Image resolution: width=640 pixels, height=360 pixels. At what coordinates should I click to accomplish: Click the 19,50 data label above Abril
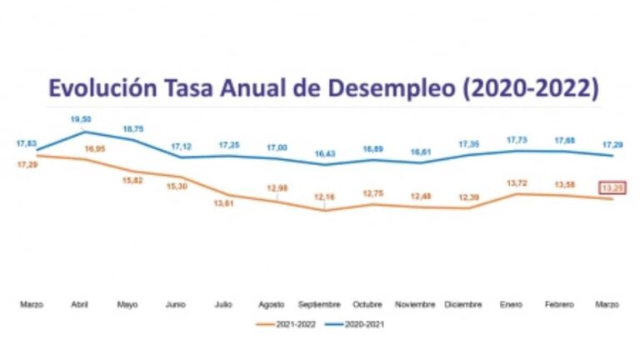(82, 119)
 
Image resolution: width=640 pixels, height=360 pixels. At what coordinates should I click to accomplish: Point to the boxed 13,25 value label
(612, 188)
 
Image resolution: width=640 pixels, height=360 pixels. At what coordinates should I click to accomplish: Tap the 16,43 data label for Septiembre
(323, 154)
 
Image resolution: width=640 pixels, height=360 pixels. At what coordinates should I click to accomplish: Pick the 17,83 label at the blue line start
(27, 143)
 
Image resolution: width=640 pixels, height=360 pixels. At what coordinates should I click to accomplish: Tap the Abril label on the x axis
(81, 305)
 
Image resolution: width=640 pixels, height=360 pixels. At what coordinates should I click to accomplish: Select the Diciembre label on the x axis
(462, 305)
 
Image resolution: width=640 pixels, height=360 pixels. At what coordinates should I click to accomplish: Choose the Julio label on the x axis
(223, 305)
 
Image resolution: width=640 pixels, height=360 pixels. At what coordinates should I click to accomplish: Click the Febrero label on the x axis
(558, 305)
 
